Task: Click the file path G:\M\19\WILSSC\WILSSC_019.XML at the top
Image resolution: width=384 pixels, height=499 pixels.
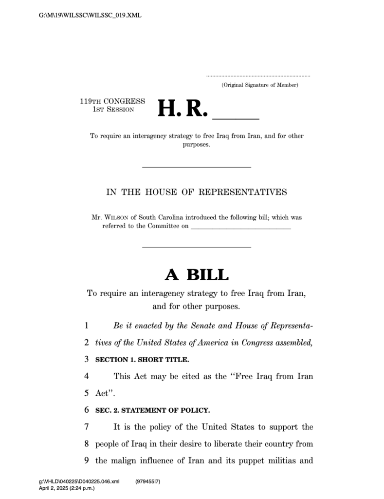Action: click(x=90, y=16)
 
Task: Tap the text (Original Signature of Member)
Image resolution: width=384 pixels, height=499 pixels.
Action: click(x=260, y=85)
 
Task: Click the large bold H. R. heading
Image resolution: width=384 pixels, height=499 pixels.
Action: click(x=183, y=109)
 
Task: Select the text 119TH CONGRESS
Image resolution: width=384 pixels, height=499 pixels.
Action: click(x=112, y=101)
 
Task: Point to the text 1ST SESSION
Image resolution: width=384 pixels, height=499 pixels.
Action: click(x=113, y=109)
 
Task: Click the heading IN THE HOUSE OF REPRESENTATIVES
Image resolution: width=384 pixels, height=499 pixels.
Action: click(x=197, y=192)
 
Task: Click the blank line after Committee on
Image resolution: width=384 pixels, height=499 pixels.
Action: click(x=241, y=227)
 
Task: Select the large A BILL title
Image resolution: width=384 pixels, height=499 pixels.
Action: click(x=197, y=275)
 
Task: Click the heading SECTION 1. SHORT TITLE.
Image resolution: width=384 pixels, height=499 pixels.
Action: click(x=142, y=360)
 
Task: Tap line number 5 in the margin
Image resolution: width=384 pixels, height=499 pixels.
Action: click(x=86, y=393)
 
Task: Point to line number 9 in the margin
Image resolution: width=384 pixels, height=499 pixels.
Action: click(x=86, y=460)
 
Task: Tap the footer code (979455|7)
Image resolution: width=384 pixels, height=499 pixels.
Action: click(x=147, y=481)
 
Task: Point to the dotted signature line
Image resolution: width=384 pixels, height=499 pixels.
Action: click(x=258, y=77)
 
